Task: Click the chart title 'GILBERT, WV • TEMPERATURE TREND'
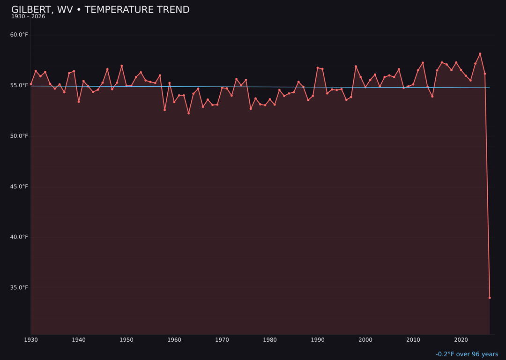click(100, 10)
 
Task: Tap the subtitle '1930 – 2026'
click(28, 17)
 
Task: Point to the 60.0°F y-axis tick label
click(19, 35)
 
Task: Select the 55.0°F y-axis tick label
click(19, 85)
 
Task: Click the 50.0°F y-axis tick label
click(19, 136)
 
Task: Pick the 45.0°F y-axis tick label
click(19, 187)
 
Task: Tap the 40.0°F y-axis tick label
click(19, 237)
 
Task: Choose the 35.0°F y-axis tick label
click(19, 287)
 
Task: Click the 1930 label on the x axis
click(31, 340)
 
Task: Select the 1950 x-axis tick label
click(126, 340)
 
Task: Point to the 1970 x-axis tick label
click(222, 340)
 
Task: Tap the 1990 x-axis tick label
click(318, 340)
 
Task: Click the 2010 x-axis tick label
click(413, 340)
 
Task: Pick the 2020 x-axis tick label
click(461, 340)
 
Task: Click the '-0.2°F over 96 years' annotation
click(467, 354)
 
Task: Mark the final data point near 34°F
click(490, 298)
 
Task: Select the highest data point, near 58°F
click(480, 54)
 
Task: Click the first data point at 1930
click(31, 84)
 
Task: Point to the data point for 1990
click(318, 68)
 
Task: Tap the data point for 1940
click(79, 102)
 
